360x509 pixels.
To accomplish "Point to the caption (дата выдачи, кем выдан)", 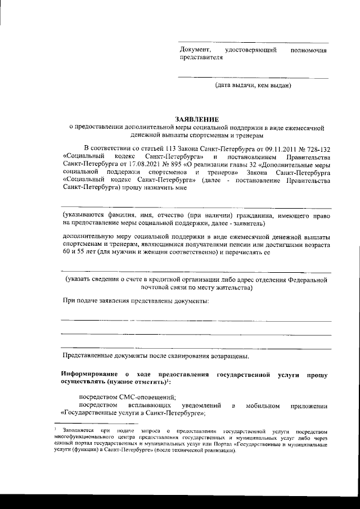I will click(x=253, y=85).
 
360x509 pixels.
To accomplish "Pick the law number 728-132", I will click(x=317, y=147).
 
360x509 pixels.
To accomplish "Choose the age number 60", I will click(x=67, y=253).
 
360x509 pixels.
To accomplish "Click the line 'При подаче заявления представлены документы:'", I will click(x=135, y=302).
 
